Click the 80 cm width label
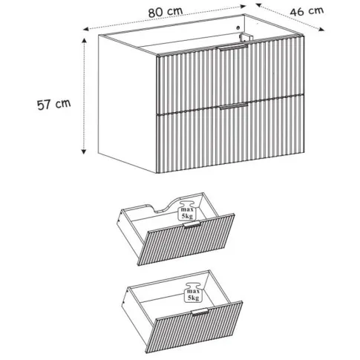166,11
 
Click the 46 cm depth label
307,11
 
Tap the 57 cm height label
54,104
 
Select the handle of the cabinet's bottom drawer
234,105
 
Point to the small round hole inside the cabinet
238,27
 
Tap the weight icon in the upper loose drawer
187,211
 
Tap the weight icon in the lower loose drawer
193,292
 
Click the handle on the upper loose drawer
192,225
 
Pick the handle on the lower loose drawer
200,312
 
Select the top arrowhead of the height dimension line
85,41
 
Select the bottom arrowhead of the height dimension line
84,151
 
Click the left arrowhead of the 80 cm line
86,29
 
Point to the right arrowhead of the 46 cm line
321,29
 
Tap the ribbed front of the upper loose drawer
186,240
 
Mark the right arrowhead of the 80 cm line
243,7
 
